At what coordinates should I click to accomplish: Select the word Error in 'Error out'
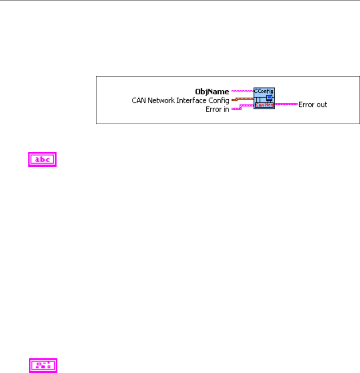306,105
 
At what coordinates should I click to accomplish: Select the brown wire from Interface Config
242,98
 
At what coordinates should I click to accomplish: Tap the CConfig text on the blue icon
264,90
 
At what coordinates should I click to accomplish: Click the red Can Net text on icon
264,105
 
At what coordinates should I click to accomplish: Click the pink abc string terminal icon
43,160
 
